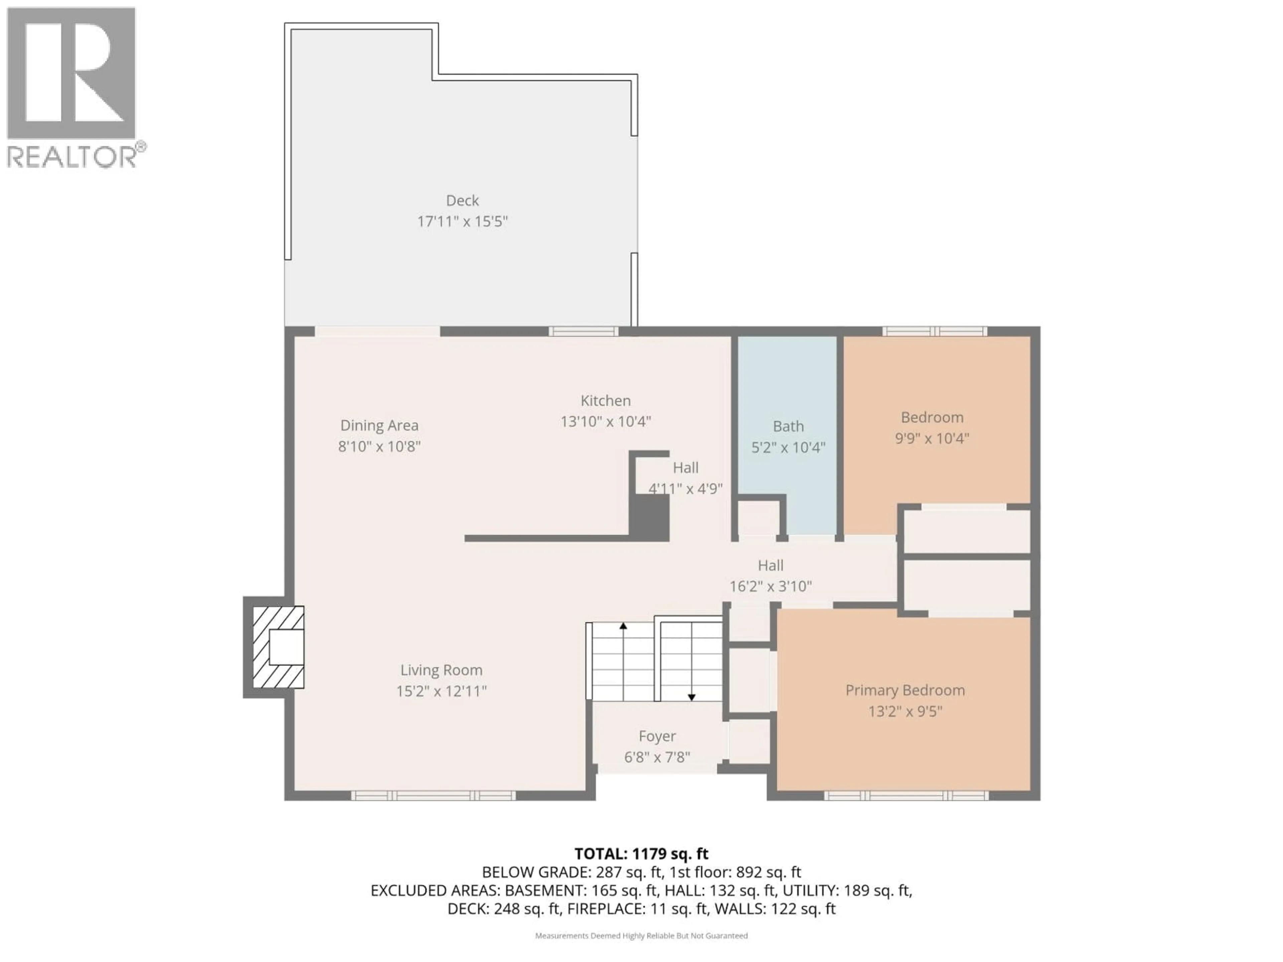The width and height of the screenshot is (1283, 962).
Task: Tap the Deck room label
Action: pyautogui.click(x=462, y=201)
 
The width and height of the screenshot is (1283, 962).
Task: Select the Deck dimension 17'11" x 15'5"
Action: pyautogui.click(x=462, y=221)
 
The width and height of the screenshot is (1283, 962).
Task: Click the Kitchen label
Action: pyautogui.click(x=605, y=401)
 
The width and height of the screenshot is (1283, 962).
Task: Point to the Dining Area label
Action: pyautogui.click(x=379, y=426)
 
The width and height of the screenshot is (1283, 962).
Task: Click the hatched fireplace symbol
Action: pyautogui.click(x=278, y=647)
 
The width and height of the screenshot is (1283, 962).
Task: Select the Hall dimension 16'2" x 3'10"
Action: pyautogui.click(x=770, y=586)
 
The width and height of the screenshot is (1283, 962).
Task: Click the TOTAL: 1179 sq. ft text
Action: pyautogui.click(x=641, y=853)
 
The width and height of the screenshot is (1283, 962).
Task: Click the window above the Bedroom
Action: pyautogui.click(x=935, y=332)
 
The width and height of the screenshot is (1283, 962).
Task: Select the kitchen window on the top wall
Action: pyautogui.click(x=583, y=332)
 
